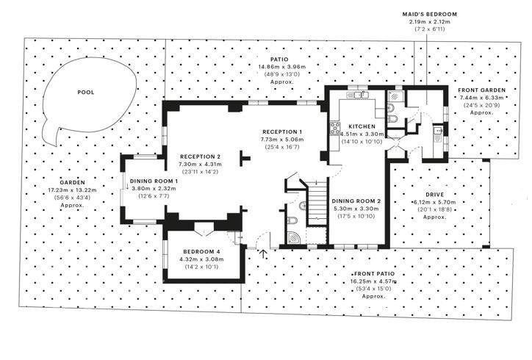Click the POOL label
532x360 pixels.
(x=86, y=93)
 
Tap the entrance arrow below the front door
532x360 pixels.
(x=263, y=254)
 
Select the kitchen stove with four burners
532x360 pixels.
(x=335, y=129)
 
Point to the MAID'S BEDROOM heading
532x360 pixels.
(x=430, y=14)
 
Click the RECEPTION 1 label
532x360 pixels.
(x=282, y=132)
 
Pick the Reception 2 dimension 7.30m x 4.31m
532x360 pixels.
(x=200, y=165)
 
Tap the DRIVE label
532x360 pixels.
(x=434, y=195)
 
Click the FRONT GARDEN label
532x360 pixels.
(x=482, y=90)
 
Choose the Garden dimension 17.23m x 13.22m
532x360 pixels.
(x=72, y=190)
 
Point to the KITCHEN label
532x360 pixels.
(x=362, y=126)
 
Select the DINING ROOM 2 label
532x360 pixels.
(x=356, y=201)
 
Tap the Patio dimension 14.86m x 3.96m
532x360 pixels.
(x=282, y=67)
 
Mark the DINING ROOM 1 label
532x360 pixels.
(x=154, y=181)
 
